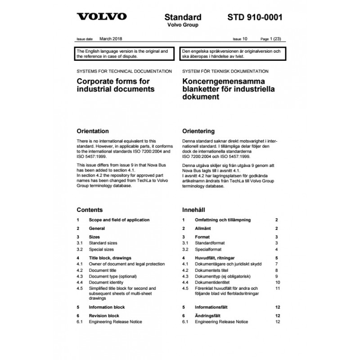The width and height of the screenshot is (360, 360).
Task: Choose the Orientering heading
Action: (x=198, y=131)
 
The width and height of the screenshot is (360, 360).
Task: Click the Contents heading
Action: (x=90, y=210)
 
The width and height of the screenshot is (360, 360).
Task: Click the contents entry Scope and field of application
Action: (x=119, y=220)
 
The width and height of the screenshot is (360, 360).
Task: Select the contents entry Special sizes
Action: (x=101, y=249)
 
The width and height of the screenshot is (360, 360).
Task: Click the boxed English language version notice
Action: (x=124, y=54)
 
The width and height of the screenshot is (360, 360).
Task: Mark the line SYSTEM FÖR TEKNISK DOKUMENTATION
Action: (x=225, y=72)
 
